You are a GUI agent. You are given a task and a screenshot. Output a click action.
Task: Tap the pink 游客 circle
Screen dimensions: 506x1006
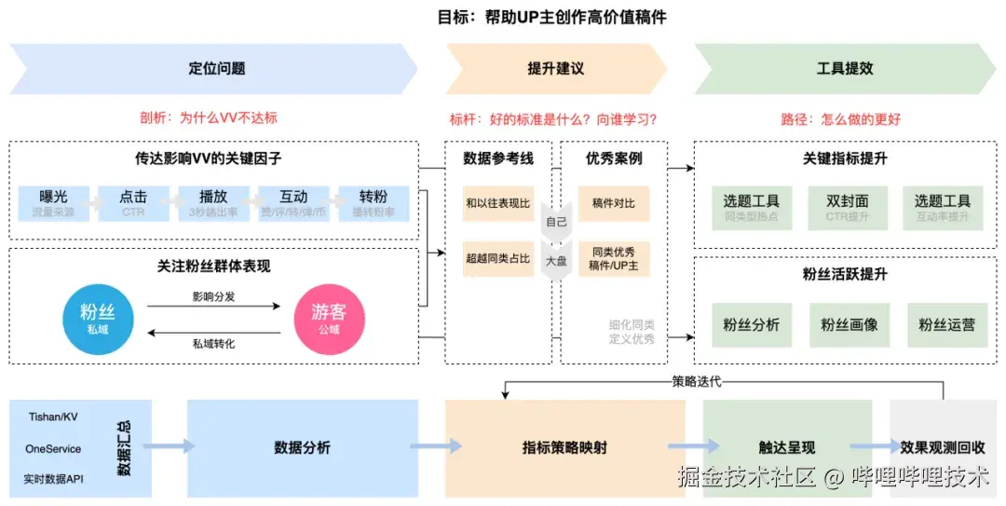[329, 319]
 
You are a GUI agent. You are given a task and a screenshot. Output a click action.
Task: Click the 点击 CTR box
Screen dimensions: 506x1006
[133, 203]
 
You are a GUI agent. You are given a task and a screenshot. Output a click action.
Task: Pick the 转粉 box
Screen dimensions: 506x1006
[374, 203]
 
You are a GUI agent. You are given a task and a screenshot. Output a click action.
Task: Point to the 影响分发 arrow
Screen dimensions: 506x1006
[213, 305]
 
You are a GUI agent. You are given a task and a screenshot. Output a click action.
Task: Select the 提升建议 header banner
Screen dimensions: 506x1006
[556, 69]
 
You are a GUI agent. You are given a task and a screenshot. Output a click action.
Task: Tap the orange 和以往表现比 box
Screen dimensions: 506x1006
[498, 202]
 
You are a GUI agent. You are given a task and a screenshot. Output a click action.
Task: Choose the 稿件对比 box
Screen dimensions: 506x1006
[614, 202]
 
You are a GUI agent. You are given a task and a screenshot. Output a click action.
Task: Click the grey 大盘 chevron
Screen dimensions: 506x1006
[556, 261]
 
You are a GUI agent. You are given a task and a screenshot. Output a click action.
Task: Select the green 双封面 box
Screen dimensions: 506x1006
[847, 206]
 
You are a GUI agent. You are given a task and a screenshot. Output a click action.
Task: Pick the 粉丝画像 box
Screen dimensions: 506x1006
[849, 325]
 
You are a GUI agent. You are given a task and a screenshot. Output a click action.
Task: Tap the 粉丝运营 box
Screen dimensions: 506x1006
[946, 325]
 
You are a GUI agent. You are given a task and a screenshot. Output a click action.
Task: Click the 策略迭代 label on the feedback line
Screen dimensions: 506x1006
[696, 381]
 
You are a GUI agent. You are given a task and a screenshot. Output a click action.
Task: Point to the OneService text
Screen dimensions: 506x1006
[53, 448]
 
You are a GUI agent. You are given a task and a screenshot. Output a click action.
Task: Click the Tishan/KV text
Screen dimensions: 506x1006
[53, 416]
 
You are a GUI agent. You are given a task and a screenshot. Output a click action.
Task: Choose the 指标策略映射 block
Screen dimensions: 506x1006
[564, 447]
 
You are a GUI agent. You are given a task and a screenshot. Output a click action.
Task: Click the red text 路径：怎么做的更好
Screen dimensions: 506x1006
[840, 119]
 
